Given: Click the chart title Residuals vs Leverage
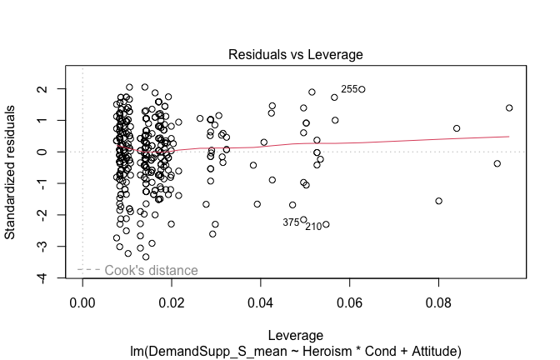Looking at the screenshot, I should pos(296,55).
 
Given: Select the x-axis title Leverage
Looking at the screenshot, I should pos(296,334).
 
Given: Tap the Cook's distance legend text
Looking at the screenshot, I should pos(151,270).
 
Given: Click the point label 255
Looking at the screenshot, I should pos(349,89).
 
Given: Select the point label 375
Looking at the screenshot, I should pos(291,222).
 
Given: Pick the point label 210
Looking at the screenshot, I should pos(313,226).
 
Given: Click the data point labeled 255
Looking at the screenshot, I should pos(362,89).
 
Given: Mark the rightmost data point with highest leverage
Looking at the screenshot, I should pos(509,107).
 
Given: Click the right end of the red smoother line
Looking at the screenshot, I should pos(508,136).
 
